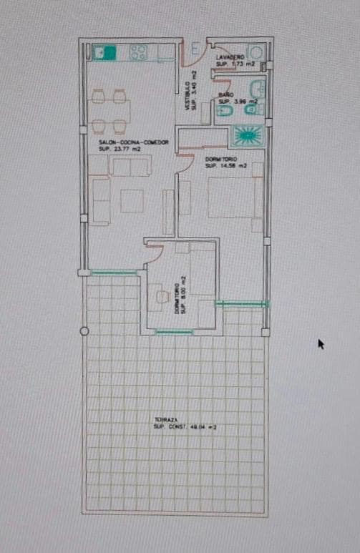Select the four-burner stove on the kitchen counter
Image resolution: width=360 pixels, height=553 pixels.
point(138,52)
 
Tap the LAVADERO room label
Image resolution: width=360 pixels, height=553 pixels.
point(230,57)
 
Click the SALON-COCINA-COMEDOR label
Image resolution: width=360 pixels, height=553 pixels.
point(133,142)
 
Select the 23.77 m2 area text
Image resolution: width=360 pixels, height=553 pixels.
point(117,149)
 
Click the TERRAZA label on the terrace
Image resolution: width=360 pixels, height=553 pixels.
point(165,419)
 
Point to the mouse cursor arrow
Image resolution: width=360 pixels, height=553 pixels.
point(321,344)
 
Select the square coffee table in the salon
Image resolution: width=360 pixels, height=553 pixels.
point(132,200)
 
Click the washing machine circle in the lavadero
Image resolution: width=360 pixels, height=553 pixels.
point(258,52)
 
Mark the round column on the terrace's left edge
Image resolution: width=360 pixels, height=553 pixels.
point(84,331)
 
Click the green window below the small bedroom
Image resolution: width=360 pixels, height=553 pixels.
point(174,331)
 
